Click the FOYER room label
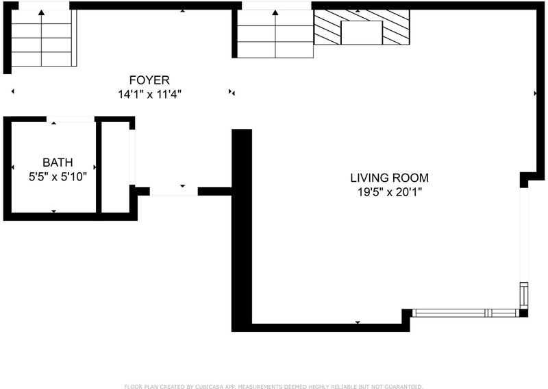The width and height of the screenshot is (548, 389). [x=149, y=80]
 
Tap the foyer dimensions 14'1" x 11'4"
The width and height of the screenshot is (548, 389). [x=149, y=94]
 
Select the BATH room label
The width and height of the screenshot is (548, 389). [x=58, y=163]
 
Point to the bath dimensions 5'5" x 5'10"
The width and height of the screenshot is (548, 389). [x=58, y=176]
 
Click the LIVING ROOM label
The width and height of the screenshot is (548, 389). [x=389, y=178]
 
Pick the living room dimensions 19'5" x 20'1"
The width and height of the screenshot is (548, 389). [x=390, y=192]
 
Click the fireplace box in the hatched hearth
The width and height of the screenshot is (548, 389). [x=362, y=32]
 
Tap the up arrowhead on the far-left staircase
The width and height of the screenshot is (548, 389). [x=42, y=12]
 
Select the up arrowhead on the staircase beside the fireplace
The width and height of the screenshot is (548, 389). [x=275, y=12]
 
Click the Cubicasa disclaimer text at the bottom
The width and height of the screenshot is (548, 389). [x=273, y=386]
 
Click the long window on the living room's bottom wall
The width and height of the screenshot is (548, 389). [x=466, y=313]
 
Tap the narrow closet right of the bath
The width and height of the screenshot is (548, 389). [x=115, y=167]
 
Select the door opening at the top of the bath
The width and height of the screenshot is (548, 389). [x=71, y=119]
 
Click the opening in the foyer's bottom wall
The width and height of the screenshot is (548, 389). [x=174, y=191]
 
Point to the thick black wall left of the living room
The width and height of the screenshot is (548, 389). [x=242, y=230]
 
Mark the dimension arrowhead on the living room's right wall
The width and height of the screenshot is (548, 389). [x=535, y=93]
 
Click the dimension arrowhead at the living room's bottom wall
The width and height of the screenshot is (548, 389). [x=358, y=322]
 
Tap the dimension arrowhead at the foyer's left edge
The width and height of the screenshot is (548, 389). [x=13, y=91]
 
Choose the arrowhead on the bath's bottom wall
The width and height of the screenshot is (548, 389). [x=54, y=211]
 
